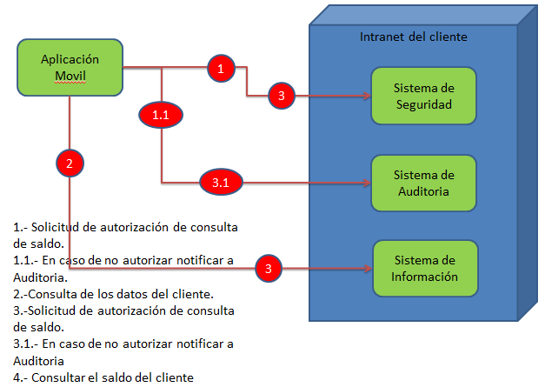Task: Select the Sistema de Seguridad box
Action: [x=423, y=95]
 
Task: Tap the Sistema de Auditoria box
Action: [x=423, y=183]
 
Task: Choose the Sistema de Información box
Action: [x=424, y=269]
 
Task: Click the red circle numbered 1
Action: [x=221, y=67]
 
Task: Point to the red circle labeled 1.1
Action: [x=161, y=114]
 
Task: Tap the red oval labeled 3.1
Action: [x=220, y=182]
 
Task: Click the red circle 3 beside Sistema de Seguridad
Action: [x=281, y=96]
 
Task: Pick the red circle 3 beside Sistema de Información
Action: [x=269, y=269]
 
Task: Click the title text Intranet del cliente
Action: [x=414, y=37]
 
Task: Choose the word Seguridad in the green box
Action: [x=423, y=103]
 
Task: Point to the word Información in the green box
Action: [x=424, y=277]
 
